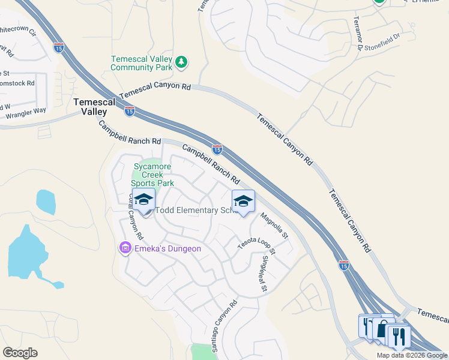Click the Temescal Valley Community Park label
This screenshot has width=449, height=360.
click(142, 63)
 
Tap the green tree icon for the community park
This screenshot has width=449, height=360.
click(181, 62)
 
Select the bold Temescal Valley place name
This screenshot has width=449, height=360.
click(90, 107)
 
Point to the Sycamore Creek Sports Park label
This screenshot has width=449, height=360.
click(154, 175)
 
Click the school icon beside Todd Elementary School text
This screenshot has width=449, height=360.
click(143, 200)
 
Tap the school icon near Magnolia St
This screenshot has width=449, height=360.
click(243, 202)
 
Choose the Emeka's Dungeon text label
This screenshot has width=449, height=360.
click(167, 248)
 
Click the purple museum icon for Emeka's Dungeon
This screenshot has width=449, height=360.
click(125, 248)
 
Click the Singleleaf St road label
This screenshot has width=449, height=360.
click(264, 274)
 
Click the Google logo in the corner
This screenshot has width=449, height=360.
click(20, 353)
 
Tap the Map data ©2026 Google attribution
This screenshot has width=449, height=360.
click(412, 355)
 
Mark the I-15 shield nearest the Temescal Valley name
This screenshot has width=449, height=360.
click(130, 111)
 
